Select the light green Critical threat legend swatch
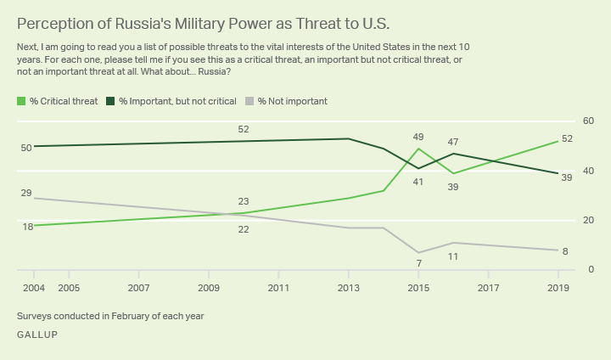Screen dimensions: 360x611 pos(21,101)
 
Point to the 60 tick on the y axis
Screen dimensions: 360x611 pos(589,121)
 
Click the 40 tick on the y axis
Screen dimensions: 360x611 pos(589,171)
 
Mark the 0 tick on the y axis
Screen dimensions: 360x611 pos(591,270)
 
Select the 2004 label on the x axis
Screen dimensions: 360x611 pos(34,289)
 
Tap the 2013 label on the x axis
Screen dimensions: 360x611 pos(349,289)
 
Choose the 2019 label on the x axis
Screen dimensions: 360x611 pos(558,289)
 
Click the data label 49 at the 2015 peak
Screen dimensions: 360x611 pos(418,137)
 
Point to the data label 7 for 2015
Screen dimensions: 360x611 pos(418,264)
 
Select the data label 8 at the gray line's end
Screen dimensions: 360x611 pos(565,251)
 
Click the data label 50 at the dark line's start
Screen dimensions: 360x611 pos(26,148)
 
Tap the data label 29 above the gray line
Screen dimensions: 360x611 pos(26,194)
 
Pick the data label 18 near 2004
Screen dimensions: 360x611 pos(28,227)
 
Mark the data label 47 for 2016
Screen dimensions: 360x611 pos(453,142)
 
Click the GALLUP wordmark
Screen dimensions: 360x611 pos(37,335)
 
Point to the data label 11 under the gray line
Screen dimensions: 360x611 pos(453,256)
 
